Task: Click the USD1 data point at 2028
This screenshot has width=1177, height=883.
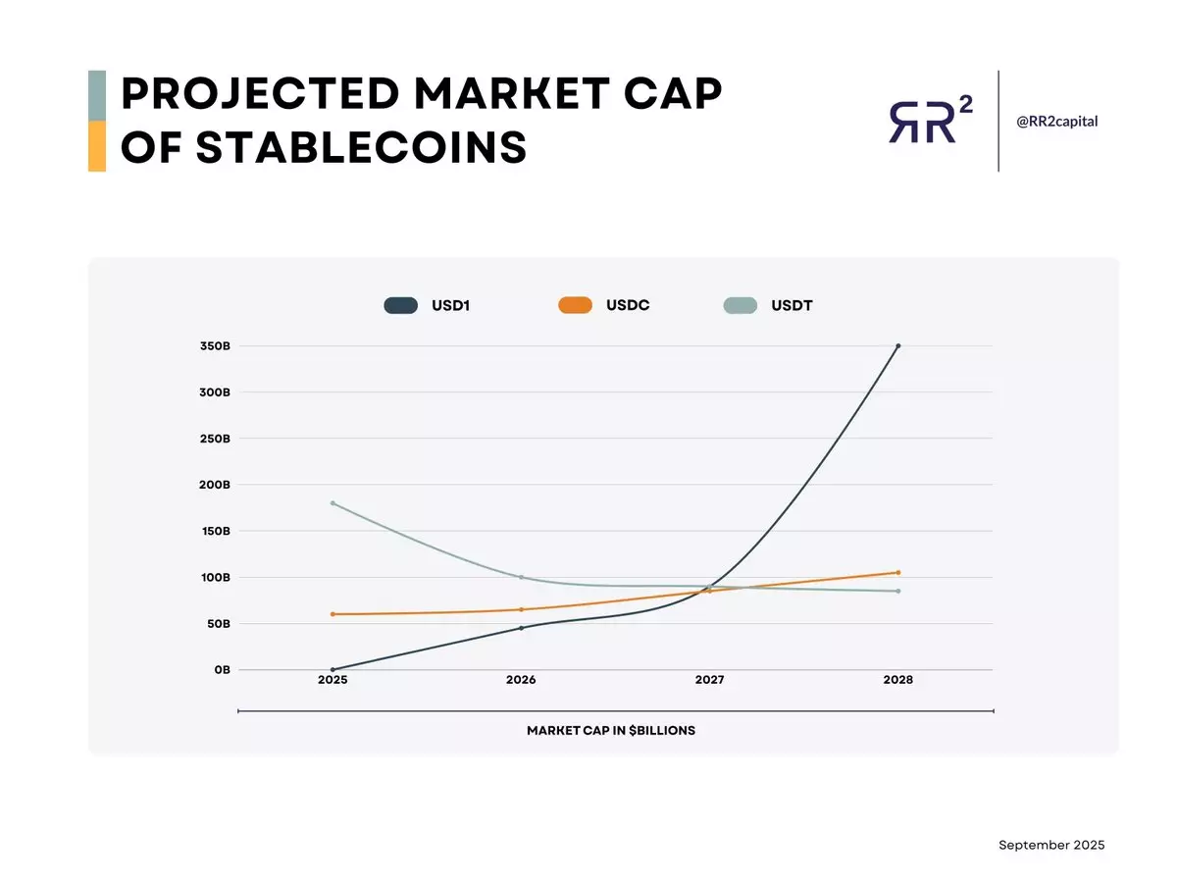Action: coord(897,345)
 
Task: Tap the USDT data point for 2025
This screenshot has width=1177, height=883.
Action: coord(333,503)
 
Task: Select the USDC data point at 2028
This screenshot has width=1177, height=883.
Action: coord(897,572)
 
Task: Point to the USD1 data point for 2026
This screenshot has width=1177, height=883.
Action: coord(521,628)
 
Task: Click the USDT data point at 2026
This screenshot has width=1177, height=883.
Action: coord(521,577)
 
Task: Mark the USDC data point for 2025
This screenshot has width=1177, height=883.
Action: coord(333,614)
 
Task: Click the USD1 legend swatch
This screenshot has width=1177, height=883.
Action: coord(400,305)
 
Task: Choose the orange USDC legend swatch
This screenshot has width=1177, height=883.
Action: coord(575,305)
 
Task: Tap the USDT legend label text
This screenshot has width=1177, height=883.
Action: coord(792,305)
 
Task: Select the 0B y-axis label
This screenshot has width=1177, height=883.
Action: coord(221,669)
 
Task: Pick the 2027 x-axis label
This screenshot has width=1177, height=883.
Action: coord(709,680)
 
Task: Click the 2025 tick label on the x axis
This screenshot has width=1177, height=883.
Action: coord(333,680)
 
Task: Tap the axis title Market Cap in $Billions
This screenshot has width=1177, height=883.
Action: coord(610,730)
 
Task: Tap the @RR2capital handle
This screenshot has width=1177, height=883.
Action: coord(1056,121)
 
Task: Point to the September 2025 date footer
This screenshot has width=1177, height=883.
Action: coord(1051,845)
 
